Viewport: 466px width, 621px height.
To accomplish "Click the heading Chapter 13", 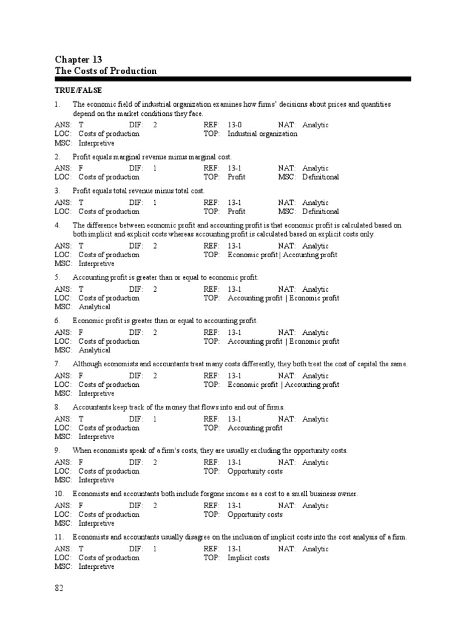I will click(x=78, y=59).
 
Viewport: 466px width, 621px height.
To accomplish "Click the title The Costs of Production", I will click(x=106, y=71).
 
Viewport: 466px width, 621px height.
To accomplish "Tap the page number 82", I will click(x=59, y=588).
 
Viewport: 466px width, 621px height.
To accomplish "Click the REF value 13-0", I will click(x=235, y=125).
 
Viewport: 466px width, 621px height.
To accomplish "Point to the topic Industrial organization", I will click(x=262, y=134).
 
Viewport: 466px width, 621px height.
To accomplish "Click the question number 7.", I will click(x=57, y=364).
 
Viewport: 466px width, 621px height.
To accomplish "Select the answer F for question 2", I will click(x=81, y=169).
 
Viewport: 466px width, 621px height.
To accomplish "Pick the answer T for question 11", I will click(x=81, y=549).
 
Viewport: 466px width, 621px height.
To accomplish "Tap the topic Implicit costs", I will click(x=248, y=558).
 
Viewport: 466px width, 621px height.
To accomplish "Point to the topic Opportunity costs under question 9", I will click(x=255, y=471).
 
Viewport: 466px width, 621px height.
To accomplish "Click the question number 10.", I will click(x=59, y=494).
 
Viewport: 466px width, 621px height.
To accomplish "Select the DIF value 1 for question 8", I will click(x=155, y=419).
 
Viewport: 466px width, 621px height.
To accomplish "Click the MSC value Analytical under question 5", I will click(x=95, y=307).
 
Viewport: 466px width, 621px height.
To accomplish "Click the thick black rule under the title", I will click(x=232, y=79).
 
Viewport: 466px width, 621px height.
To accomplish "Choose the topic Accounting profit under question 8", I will click(x=255, y=428).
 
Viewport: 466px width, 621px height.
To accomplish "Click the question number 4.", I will click(x=57, y=225).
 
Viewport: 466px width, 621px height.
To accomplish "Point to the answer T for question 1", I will click(x=81, y=125).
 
